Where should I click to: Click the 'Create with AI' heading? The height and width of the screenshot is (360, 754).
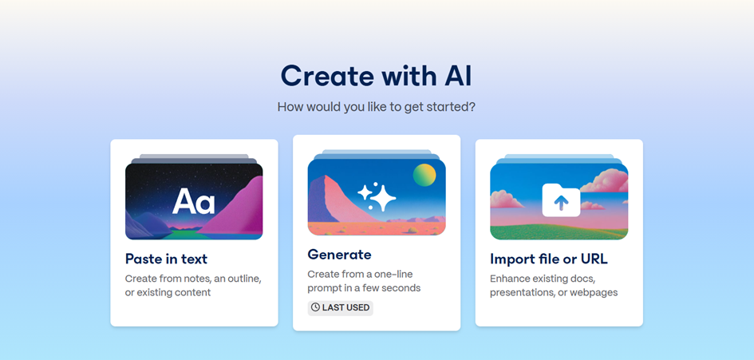click(x=377, y=76)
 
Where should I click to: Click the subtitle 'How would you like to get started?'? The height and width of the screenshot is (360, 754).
click(x=377, y=106)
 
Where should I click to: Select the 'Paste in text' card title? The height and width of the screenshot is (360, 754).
click(x=166, y=259)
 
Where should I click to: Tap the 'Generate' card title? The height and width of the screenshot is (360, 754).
click(x=339, y=254)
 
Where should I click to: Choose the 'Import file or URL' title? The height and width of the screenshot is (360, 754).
click(x=549, y=259)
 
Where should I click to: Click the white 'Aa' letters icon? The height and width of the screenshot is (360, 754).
click(x=193, y=201)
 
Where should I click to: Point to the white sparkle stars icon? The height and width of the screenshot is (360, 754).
click(x=377, y=197)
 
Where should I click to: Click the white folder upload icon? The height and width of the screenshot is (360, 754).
click(x=561, y=200)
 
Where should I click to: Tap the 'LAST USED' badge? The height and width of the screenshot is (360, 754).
click(x=341, y=307)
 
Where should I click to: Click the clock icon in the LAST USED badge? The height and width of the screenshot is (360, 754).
click(x=315, y=307)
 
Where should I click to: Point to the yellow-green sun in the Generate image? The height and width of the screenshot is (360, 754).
click(x=424, y=175)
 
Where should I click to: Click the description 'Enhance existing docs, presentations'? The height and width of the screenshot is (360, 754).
click(x=554, y=286)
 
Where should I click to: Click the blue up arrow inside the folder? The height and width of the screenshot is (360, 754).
click(x=561, y=203)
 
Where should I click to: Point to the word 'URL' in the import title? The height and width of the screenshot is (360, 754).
click(x=594, y=259)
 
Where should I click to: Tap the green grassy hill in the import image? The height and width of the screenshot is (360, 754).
click(x=559, y=232)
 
